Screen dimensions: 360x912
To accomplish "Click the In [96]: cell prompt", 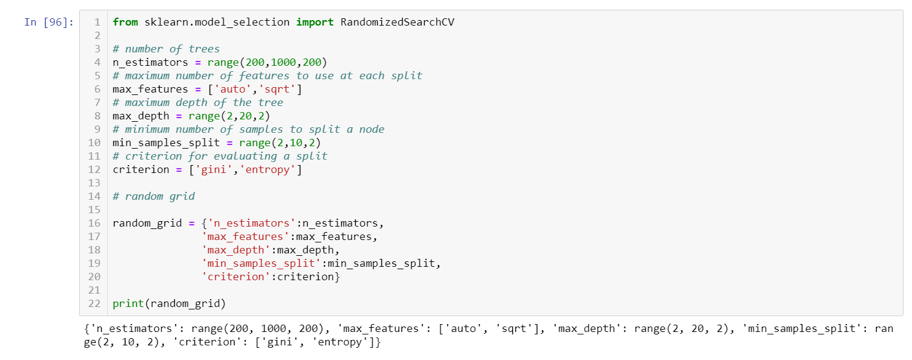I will coord(49,23).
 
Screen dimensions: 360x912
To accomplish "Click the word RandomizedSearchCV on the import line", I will coord(397,23).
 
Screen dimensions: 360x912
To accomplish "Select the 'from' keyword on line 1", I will coord(125,23).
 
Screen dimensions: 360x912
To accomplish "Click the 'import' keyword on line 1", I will coord(315,23).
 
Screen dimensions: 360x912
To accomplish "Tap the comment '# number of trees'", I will coord(166,49).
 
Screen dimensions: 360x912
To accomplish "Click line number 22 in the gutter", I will coord(94,303).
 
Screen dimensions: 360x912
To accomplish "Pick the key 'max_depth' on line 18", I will coord(236,250).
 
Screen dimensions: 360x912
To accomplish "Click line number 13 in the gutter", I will coord(94,183).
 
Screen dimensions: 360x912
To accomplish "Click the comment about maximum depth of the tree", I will coord(198,103).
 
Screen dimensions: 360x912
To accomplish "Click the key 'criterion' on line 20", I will coord(236,277).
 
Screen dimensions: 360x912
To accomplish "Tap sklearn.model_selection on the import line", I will coord(217,23).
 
